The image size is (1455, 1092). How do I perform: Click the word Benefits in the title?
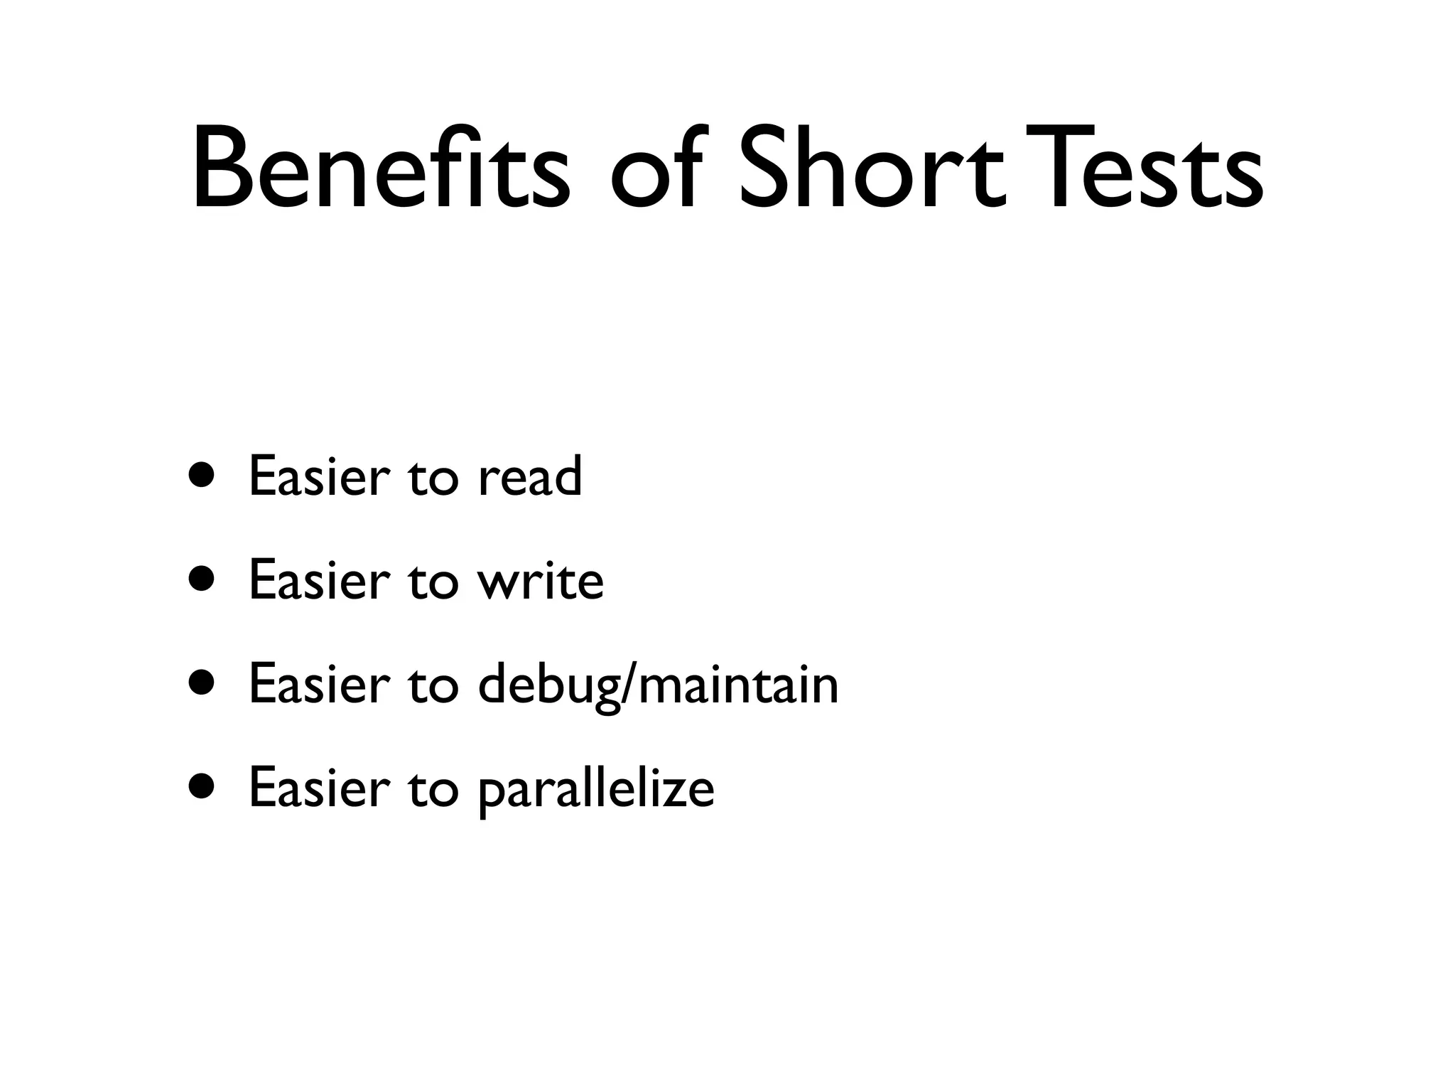(380, 169)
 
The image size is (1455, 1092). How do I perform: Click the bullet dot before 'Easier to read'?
(201, 476)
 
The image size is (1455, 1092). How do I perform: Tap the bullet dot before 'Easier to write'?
(201, 579)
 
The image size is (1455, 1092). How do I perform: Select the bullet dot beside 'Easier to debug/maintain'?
(201, 683)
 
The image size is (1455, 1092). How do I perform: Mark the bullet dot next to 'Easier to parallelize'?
(201, 787)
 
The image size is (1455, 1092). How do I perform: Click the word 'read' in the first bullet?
(530, 476)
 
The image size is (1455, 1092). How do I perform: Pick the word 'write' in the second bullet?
(541, 580)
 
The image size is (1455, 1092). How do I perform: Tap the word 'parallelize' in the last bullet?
(596, 789)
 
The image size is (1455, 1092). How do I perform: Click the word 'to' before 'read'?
(433, 478)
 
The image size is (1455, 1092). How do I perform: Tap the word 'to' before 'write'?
(433, 582)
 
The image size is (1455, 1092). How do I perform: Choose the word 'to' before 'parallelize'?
(433, 789)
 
